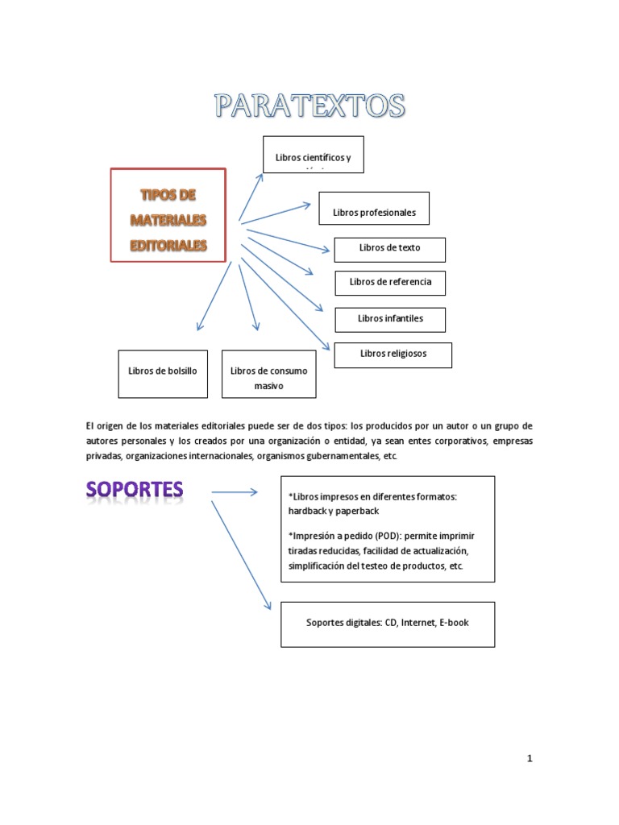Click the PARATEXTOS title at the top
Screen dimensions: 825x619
pyautogui.click(x=309, y=106)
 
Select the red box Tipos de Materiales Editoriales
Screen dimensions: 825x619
pyautogui.click(x=168, y=215)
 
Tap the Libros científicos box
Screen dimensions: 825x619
pyautogui.click(x=313, y=155)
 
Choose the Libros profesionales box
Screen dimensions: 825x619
pyautogui.click(x=374, y=209)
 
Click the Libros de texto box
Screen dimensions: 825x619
pyautogui.click(x=389, y=249)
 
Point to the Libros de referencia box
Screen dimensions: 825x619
pyautogui.click(x=390, y=283)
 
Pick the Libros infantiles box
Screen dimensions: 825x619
pyautogui.click(x=390, y=319)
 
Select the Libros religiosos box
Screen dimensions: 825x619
pyautogui.click(x=393, y=354)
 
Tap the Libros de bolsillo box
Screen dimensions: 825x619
pyautogui.click(x=162, y=374)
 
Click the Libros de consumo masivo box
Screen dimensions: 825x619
pyautogui.click(x=268, y=374)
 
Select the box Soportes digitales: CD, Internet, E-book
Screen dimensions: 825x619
pyautogui.click(x=388, y=624)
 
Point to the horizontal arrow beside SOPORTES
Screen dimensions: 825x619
pyautogui.click(x=234, y=491)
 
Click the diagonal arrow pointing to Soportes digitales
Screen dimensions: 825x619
pyautogui.click(x=241, y=554)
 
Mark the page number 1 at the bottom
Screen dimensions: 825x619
pyautogui.click(x=530, y=758)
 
